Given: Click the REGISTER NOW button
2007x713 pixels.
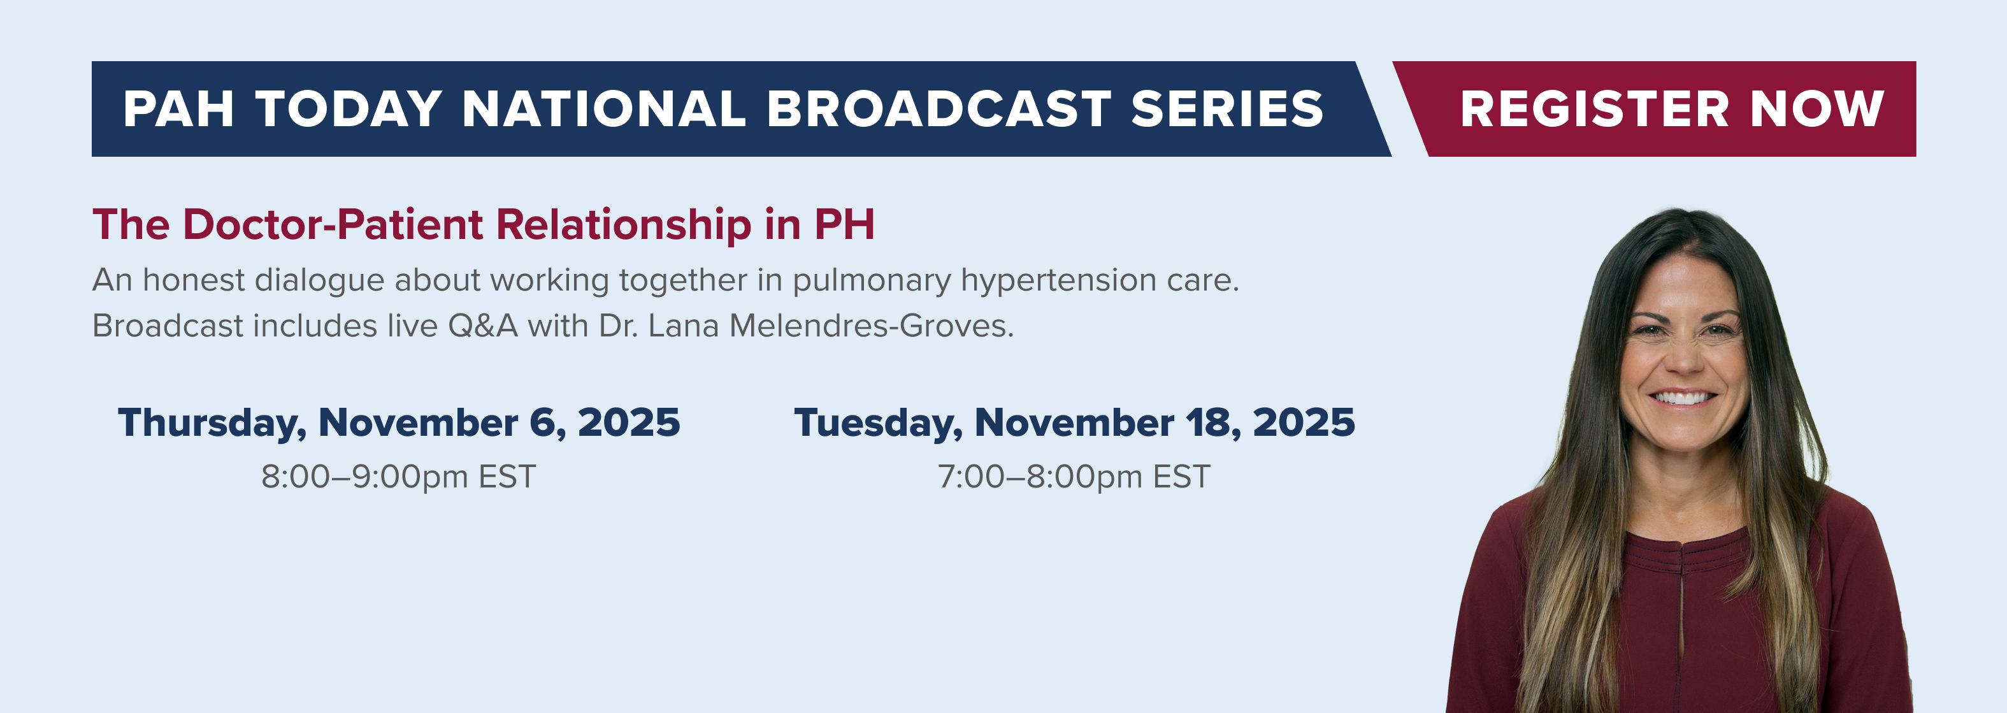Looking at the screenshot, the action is [1653, 109].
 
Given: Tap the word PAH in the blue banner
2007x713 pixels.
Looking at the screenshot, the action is [178, 108].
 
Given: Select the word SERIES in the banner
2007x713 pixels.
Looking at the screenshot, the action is [1227, 108].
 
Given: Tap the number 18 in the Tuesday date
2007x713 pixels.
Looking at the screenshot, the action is [1214, 422].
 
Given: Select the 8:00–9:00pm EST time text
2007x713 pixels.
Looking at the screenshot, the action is [398, 476].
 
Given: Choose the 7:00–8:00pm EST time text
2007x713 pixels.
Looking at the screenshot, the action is [1074, 476].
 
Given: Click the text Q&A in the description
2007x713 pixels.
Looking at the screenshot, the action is [482, 326].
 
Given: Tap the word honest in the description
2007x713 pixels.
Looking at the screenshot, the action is [194, 280].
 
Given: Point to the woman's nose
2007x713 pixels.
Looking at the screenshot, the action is [1684, 359].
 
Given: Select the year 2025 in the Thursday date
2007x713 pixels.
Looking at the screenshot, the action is [629, 422].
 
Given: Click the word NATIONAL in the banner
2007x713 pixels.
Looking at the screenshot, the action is [604, 108].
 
